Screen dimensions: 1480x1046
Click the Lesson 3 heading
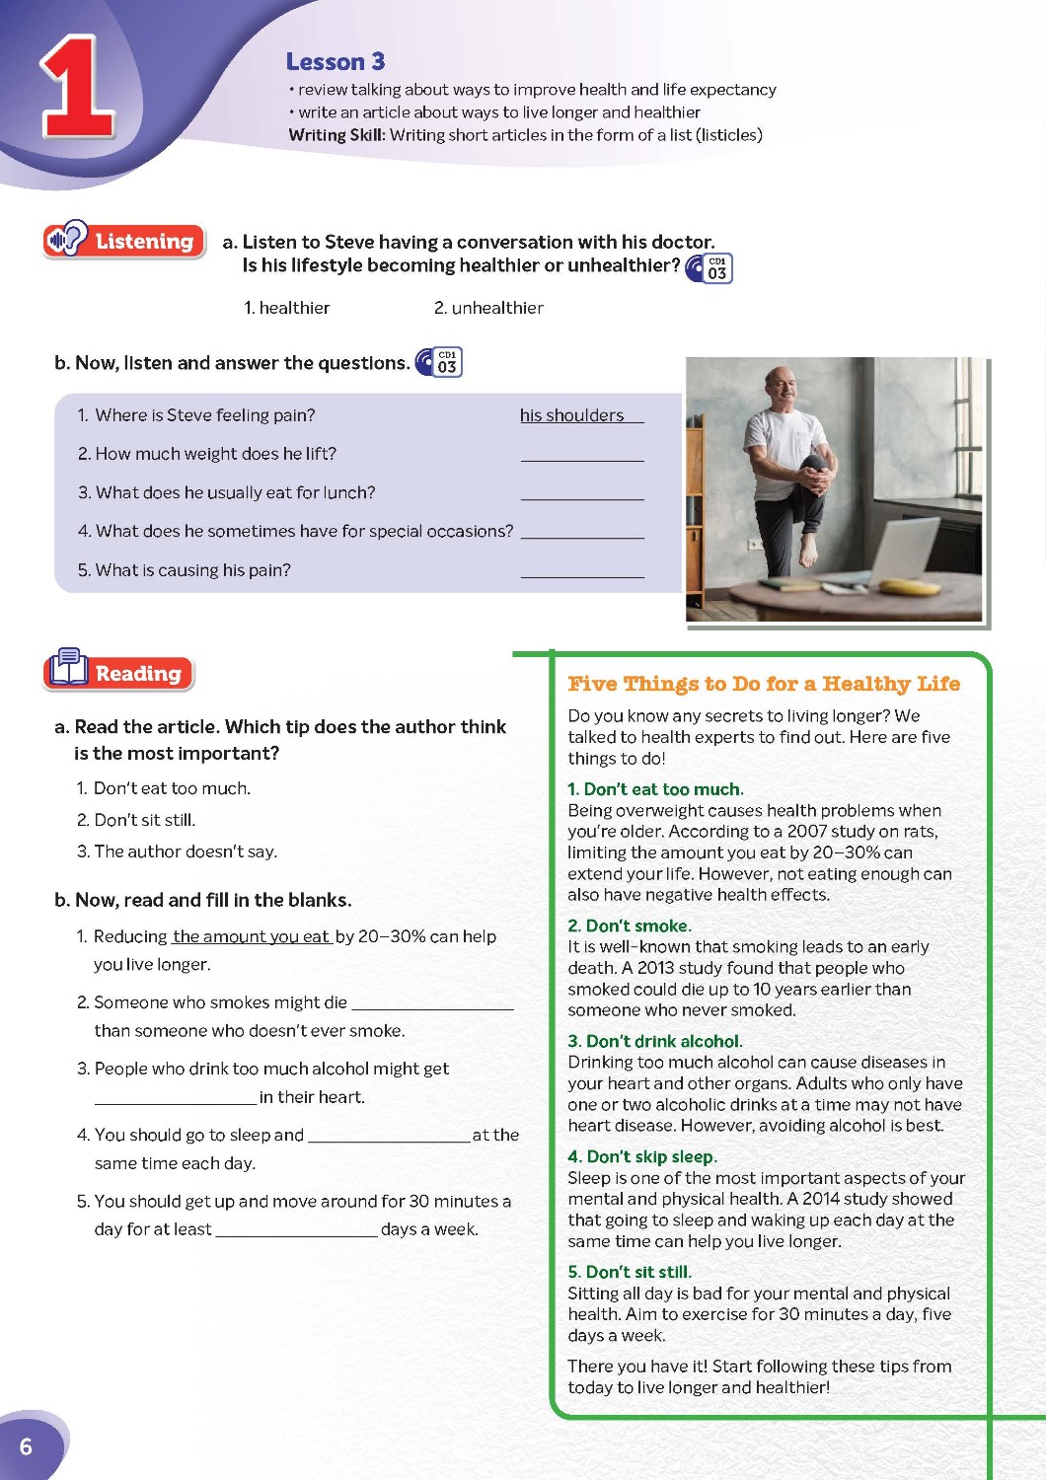335,62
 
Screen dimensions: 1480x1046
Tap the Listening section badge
124,241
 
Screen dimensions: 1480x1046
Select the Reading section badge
119,673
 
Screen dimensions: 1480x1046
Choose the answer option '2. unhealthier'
488,308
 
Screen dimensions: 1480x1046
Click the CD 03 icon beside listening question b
439,362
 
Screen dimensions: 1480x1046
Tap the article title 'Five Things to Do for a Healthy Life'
763,684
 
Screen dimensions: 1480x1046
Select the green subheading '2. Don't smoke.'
629,925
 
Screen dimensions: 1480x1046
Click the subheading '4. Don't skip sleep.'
641,1156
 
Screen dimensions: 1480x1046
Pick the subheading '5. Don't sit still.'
629,1272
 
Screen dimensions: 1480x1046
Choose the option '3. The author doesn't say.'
177,851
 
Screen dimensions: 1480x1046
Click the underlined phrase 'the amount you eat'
251,936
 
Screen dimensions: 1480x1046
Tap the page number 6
26,1446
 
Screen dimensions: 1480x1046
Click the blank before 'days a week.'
296,1229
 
